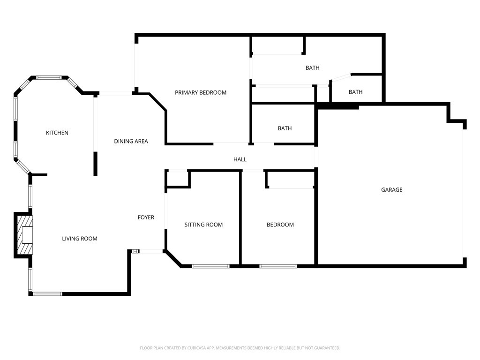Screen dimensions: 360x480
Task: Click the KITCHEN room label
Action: pyautogui.click(x=57, y=133)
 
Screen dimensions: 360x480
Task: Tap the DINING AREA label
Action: pyautogui.click(x=131, y=142)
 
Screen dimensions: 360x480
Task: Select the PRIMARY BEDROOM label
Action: pyautogui.click(x=201, y=93)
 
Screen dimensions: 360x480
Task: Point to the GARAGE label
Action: pyautogui.click(x=391, y=190)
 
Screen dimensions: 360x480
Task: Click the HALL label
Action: pyautogui.click(x=240, y=160)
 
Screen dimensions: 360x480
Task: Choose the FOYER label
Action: pyautogui.click(x=146, y=217)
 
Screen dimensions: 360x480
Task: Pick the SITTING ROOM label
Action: pyautogui.click(x=203, y=225)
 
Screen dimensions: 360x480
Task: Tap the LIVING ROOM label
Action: pyautogui.click(x=80, y=239)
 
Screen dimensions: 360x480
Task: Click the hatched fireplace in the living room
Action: pyautogui.click(x=25, y=234)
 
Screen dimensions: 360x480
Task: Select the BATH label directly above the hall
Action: pyautogui.click(x=285, y=128)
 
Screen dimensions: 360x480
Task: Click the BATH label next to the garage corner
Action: pyautogui.click(x=355, y=92)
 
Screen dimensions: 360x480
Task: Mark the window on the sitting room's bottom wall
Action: pyautogui.click(x=210, y=266)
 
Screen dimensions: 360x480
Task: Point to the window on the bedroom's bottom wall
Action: pyautogui.click(x=278, y=266)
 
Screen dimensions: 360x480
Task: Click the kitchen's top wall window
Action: pyautogui.click(x=49, y=78)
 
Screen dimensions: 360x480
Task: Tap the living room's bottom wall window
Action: pyautogui.click(x=47, y=294)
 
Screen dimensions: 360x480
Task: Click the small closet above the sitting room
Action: pyautogui.click(x=178, y=179)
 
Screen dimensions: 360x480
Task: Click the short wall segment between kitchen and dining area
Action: pyautogui.click(x=96, y=164)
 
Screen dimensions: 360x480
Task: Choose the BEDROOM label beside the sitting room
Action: pyautogui.click(x=280, y=225)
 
